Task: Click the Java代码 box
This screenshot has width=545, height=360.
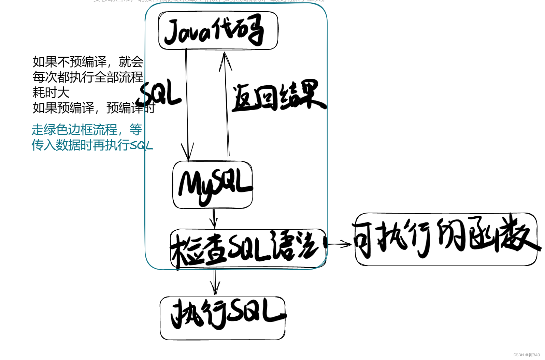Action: click(218, 31)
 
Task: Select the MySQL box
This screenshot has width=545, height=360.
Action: click(213, 185)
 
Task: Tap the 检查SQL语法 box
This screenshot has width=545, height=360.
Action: click(248, 248)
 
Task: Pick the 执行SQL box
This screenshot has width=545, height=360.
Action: click(223, 318)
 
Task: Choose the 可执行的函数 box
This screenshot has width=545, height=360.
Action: click(446, 239)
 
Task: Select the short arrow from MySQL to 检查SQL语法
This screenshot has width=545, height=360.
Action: click(214, 218)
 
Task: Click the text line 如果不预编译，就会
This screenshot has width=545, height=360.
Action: click(88, 62)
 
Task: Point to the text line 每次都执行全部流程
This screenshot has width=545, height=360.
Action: click(88, 77)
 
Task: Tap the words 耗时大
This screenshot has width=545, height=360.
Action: click(51, 92)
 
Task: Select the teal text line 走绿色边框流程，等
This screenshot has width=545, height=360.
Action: click(87, 130)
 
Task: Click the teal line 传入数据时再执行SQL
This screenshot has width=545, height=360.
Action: click(92, 145)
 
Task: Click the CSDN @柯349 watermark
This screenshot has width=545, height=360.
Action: click(527, 355)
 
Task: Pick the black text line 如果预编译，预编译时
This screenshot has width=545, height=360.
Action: click(94, 108)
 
